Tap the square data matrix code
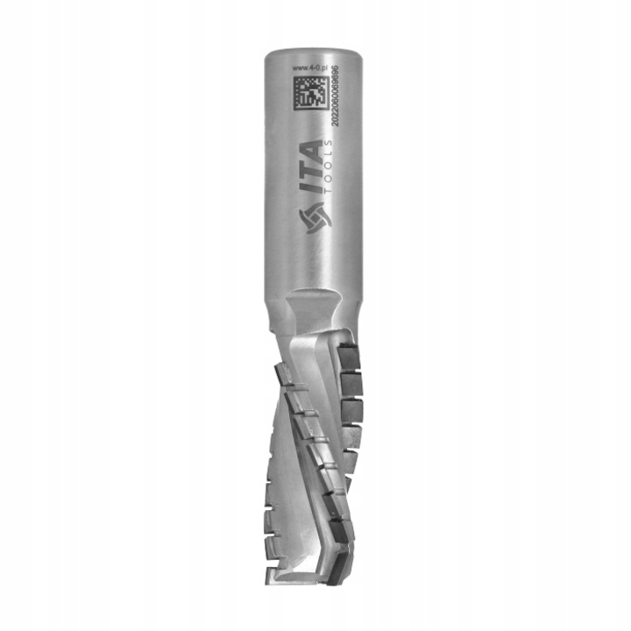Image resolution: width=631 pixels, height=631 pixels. click(309, 94)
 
